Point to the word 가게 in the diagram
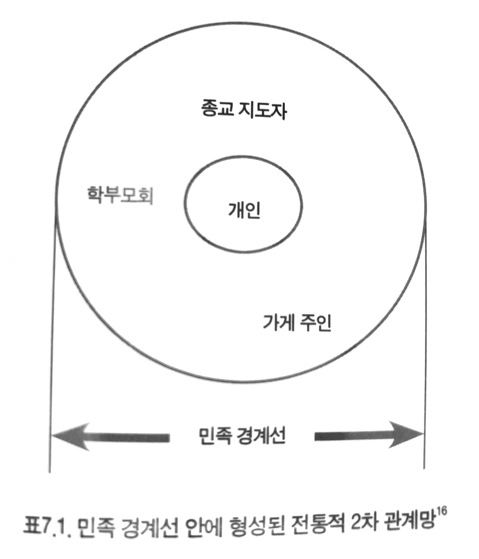coord(280,323)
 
